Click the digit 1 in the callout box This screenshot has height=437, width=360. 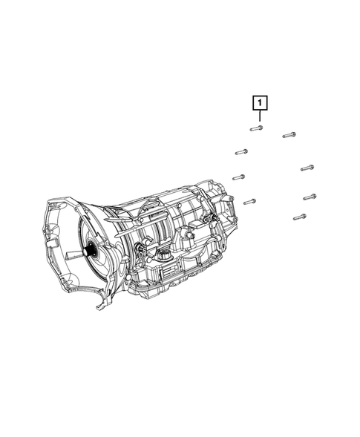(x=260, y=103)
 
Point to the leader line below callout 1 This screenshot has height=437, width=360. (x=260, y=116)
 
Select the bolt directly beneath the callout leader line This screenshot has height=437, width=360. (x=256, y=128)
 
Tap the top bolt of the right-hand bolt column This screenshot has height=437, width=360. (x=289, y=135)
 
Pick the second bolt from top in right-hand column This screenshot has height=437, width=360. (x=307, y=168)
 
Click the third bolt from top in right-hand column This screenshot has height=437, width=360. (x=310, y=197)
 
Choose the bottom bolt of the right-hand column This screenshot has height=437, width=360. (x=299, y=217)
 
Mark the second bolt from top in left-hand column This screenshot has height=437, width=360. (x=241, y=152)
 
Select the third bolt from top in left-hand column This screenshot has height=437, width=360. (x=239, y=177)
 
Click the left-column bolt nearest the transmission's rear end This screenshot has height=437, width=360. (x=249, y=202)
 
